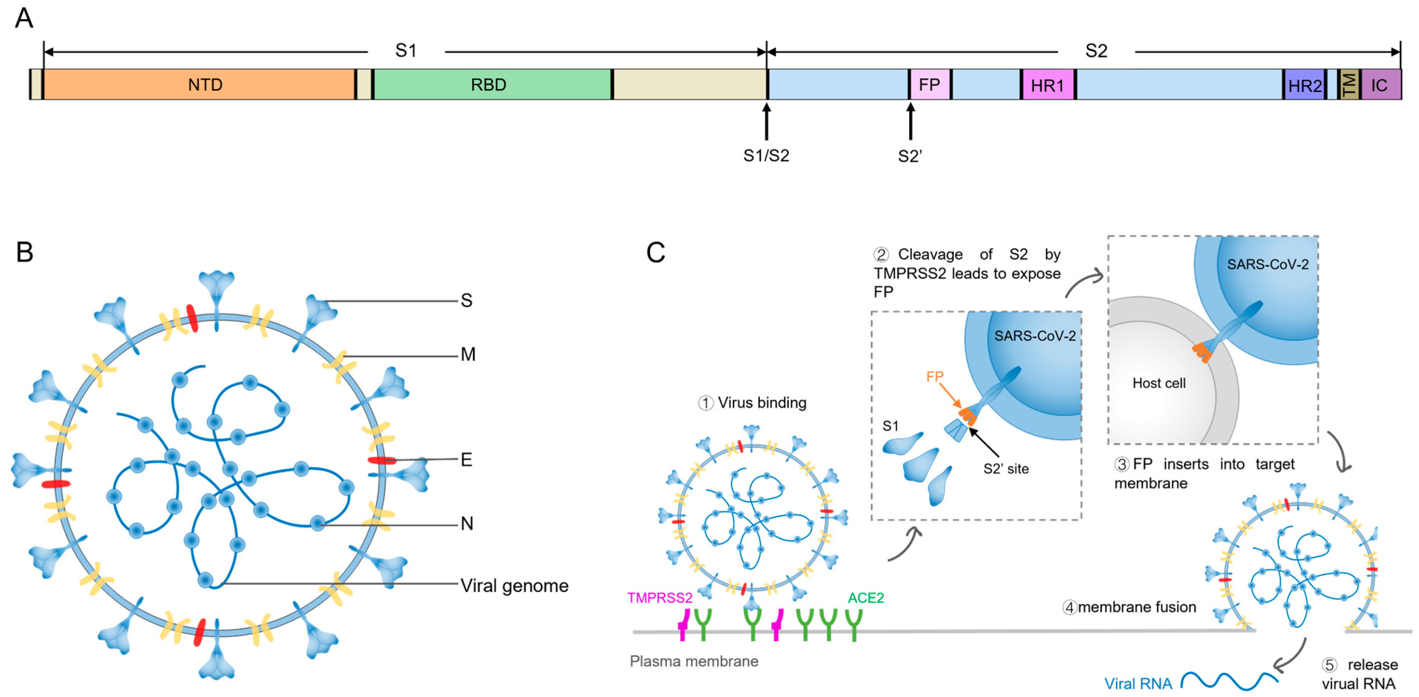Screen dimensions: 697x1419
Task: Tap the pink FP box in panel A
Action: click(929, 84)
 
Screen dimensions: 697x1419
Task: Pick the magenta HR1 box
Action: click(1047, 85)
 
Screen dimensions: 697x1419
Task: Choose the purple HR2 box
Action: click(1304, 85)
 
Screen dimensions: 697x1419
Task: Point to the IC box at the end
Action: click(1380, 85)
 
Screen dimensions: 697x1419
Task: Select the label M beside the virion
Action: click(468, 354)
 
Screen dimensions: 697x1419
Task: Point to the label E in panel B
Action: click(466, 459)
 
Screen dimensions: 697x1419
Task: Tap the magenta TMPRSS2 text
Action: click(659, 598)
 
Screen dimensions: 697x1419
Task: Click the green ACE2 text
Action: click(865, 598)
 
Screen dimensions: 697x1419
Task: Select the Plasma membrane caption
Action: click(694, 661)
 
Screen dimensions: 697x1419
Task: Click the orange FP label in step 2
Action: click(935, 376)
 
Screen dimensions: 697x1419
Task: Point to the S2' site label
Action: click(1006, 469)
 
